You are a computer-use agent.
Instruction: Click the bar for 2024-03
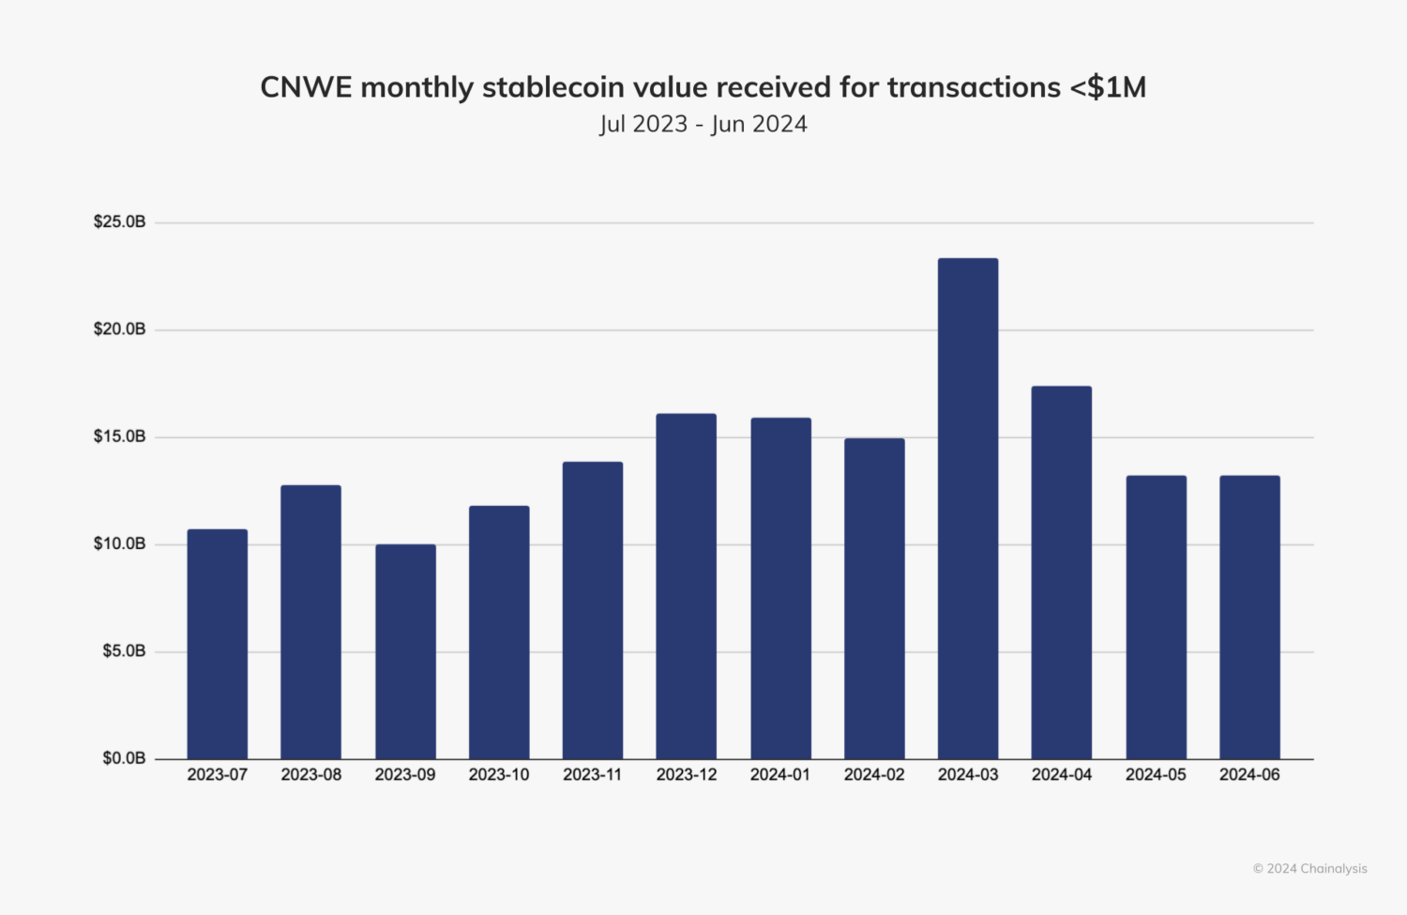pos(968,509)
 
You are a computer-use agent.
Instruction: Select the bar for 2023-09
pos(405,651)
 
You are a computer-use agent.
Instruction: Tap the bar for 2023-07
pos(218,644)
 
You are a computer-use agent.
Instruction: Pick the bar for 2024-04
pos(1062,572)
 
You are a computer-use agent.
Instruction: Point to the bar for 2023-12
pos(687,587)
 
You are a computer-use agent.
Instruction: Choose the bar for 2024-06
pos(1249,618)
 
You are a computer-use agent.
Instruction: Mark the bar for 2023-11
pos(593,610)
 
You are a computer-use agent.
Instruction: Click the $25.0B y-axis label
pos(119,222)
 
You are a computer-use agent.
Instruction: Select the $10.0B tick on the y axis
pos(119,544)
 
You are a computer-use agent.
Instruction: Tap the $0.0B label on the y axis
pos(124,758)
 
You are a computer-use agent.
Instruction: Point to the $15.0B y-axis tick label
pos(119,436)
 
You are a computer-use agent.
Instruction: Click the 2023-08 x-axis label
pos(311,775)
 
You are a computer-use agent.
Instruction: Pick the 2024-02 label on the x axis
pos(874,775)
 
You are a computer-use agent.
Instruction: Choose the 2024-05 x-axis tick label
pos(1156,775)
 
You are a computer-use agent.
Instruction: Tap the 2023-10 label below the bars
pos(499,775)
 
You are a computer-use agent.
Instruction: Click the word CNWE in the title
pos(306,87)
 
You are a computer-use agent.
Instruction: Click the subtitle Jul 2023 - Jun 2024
pos(703,124)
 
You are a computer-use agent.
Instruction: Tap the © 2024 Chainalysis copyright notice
pos(1309,869)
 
